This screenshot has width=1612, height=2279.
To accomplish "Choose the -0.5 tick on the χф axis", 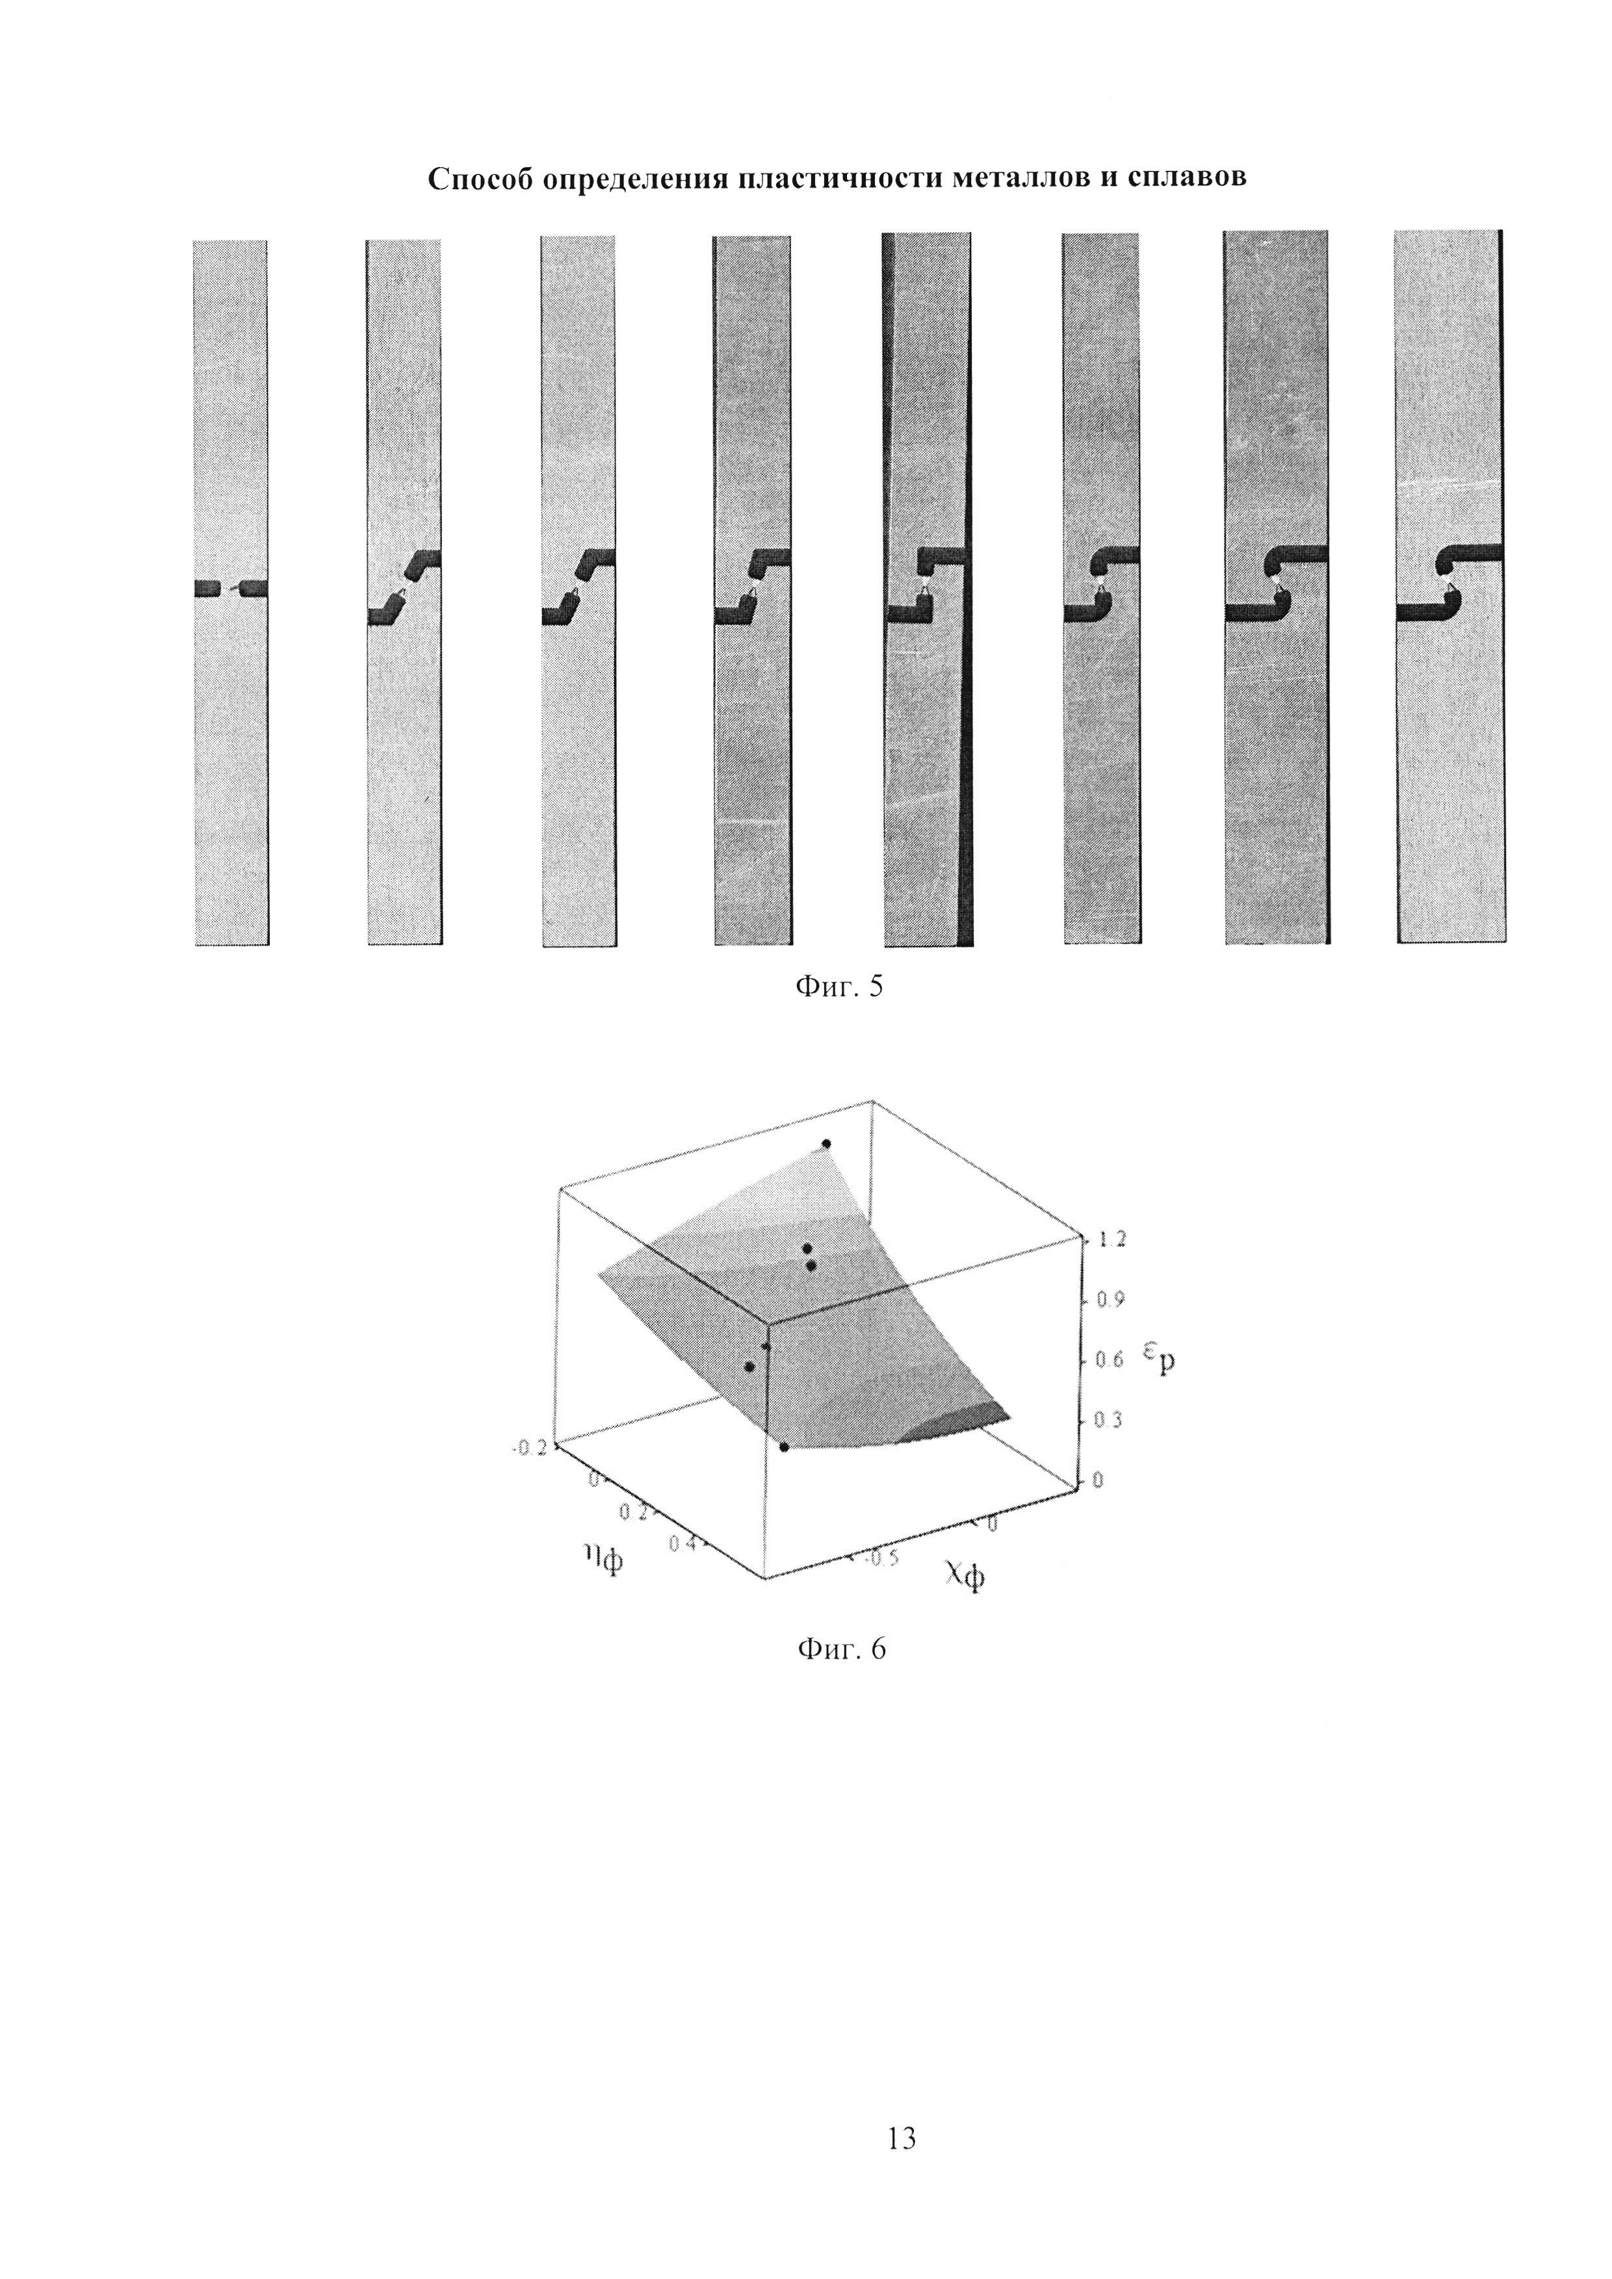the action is coord(881,1558).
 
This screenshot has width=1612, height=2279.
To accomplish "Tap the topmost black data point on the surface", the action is coord(826,1144).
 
